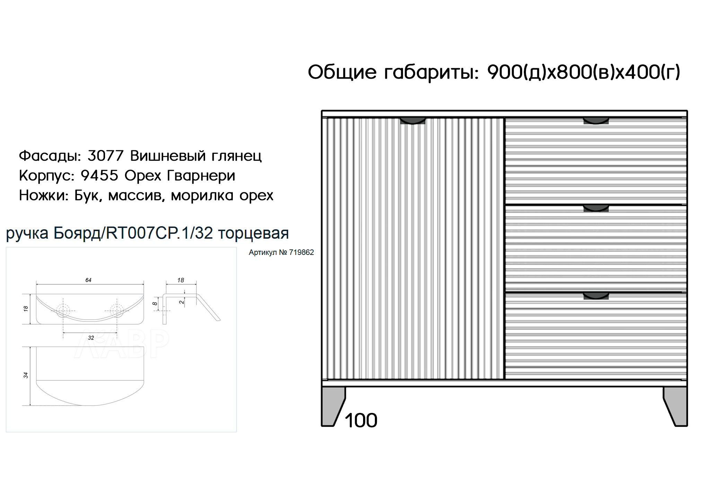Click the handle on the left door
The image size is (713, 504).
pos(413,121)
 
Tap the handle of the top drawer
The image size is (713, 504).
pos(596,121)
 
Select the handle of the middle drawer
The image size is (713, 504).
pos(596,208)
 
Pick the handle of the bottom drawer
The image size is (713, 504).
pos(596,295)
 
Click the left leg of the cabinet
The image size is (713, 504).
pos(333,406)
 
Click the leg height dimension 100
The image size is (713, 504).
pos(361,421)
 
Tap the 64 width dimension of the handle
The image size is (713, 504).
pos(88,280)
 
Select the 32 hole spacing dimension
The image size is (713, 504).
pos(91,338)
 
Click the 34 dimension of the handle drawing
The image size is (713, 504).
pos(26,375)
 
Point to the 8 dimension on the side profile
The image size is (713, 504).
pos(155,303)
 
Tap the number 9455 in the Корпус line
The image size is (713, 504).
pos(99,176)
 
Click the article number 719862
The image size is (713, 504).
pos(301,253)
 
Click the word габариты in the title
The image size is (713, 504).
pos(431,72)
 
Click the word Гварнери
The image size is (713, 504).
pos(201,176)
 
